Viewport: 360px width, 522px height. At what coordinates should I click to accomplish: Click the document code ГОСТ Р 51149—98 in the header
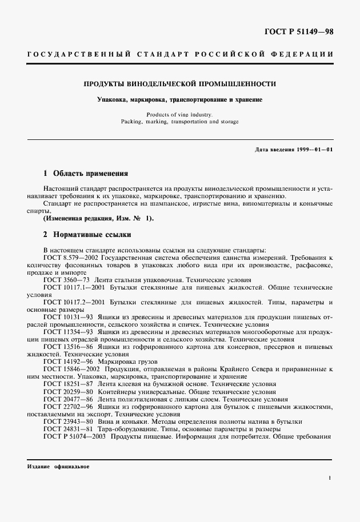pyautogui.click(x=306, y=31)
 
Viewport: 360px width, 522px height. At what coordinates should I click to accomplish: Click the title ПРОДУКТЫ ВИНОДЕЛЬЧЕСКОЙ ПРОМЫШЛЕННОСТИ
pyautogui.click(x=179, y=84)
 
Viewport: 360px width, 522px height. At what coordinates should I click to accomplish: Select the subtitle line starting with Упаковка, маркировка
pyautogui.click(x=179, y=99)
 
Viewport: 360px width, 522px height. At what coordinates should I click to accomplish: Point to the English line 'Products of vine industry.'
pyautogui.click(x=179, y=114)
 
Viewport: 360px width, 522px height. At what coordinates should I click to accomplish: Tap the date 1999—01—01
pyautogui.click(x=314, y=149)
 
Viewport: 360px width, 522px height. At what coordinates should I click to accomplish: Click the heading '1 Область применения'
pyautogui.click(x=86, y=173)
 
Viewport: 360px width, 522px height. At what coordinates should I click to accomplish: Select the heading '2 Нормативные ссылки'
pyautogui.click(x=87, y=234)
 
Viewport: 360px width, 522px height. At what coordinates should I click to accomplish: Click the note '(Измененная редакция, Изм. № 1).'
pyautogui.click(x=98, y=218)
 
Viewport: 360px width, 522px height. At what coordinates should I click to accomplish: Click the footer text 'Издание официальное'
pyautogui.click(x=58, y=467)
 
